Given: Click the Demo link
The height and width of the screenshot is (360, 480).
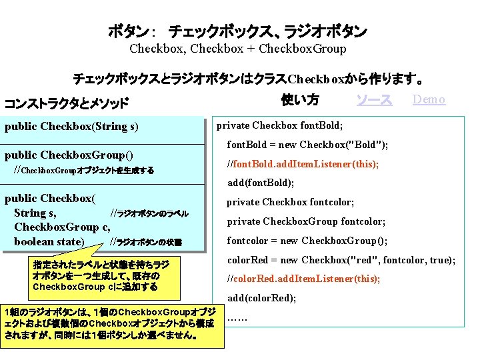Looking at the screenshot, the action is [429, 100].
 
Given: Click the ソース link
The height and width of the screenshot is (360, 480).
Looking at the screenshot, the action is [373, 100].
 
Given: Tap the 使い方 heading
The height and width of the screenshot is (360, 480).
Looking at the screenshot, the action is [300, 100].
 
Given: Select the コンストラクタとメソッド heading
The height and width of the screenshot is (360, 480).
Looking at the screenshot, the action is [67, 103].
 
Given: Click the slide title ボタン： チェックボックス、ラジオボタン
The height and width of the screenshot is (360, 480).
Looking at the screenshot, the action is [238, 31].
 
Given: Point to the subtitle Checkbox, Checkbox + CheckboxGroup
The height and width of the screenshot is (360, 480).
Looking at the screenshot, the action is [238, 49].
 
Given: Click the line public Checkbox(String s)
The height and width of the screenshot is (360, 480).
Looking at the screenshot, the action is [71, 126].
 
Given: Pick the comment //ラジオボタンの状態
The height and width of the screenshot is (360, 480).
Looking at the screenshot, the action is [146, 241].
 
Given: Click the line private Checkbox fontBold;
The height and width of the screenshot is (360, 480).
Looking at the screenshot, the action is [280, 125].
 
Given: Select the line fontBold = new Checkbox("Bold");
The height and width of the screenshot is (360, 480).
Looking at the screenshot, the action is [308, 145].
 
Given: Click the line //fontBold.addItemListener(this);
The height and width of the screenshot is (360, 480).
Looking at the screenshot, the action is [303, 164].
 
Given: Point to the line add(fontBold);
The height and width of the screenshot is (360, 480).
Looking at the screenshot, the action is [261, 183].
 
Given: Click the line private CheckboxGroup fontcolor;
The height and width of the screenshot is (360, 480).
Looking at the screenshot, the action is [306, 221].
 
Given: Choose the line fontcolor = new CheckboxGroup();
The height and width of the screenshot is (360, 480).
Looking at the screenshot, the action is [307, 241].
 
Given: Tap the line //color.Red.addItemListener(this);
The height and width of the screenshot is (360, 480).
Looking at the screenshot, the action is [304, 279].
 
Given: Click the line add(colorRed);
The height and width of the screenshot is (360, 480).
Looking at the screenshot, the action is [261, 298].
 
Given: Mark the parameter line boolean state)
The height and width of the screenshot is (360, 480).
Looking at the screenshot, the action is [49, 241].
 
